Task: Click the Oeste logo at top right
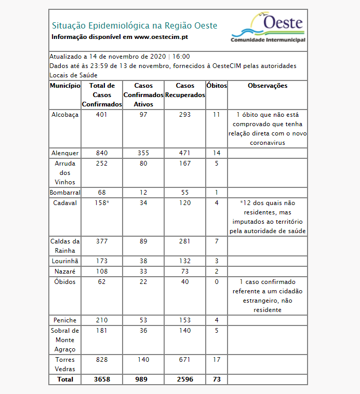click(268, 29)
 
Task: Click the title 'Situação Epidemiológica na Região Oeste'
click(135, 25)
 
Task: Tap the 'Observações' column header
click(268, 86)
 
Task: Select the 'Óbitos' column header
click(217, 86)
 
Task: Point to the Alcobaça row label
click(65, 115)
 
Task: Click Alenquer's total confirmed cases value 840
click(102, 153)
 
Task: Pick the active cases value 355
click(143, 153)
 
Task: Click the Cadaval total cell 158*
click(102, 203)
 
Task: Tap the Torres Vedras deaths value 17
click(217, 360)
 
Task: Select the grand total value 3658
click(102, 379)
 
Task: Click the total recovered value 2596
click(184, 379)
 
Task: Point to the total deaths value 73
click(217, 379)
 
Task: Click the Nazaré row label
click(65, 271)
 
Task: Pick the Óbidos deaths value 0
click(217, 282)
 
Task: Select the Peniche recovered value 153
click(184, 320)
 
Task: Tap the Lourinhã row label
click(65, 261)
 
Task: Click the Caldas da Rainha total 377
click(102, 241)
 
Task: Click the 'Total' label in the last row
click(65, 379)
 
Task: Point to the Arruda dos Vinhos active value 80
click(143, 164)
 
